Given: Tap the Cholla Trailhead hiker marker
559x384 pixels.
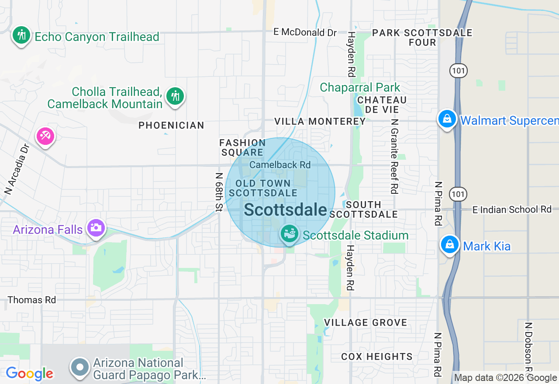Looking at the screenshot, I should (175, 95).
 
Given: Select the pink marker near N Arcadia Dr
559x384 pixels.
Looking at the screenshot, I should (45, 137).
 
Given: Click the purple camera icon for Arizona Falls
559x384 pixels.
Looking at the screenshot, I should (96, 228).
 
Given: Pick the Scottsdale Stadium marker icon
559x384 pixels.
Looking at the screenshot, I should (289, 234).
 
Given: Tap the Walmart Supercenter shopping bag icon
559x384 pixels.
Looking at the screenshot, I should (447, 119).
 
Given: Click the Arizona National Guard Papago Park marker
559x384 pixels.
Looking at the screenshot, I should (80, 367).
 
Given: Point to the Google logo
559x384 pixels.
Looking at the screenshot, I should (29, 374).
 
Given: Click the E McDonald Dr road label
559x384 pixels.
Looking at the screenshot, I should (305, 32).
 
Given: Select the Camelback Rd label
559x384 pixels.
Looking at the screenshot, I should (280, 165).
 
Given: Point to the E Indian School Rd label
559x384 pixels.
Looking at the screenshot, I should (512, 210).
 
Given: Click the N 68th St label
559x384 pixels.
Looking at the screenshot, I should (219, 192).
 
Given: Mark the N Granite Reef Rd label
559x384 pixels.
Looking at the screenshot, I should (394, 156).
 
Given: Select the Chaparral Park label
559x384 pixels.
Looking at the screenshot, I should (360, 87).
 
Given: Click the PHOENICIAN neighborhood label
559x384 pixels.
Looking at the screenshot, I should (171, 126).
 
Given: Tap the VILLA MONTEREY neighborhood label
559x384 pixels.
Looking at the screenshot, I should (320, 122).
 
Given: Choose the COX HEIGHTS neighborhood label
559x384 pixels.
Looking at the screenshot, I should (376, 357).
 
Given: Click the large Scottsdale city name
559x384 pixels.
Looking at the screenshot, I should (285, 210).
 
